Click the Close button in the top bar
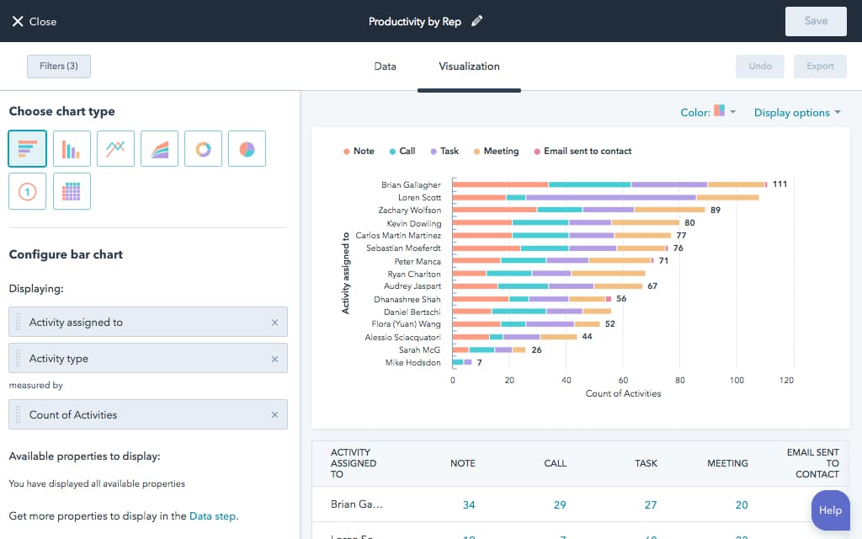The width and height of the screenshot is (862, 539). (x=34, y=21)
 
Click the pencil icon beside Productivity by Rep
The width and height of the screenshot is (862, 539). (x=477, y=21)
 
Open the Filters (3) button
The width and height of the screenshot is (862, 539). (x=59, y=66)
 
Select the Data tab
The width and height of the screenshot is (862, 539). (x=385, y=66)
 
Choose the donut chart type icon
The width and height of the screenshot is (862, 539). (x=203, y=149)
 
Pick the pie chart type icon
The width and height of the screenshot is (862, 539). (x=247, y=149)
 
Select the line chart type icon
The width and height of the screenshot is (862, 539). (x=115, y=149)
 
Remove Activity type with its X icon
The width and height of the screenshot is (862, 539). (x=274, y=359)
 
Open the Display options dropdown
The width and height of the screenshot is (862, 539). (x=796, y=113)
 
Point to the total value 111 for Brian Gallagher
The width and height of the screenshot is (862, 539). (x=780, y=184)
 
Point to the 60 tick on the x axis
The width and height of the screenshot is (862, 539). (x=624, y=381)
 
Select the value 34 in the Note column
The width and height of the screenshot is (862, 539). (x=469, y=504)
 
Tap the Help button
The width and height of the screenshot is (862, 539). (x=830, y=510)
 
